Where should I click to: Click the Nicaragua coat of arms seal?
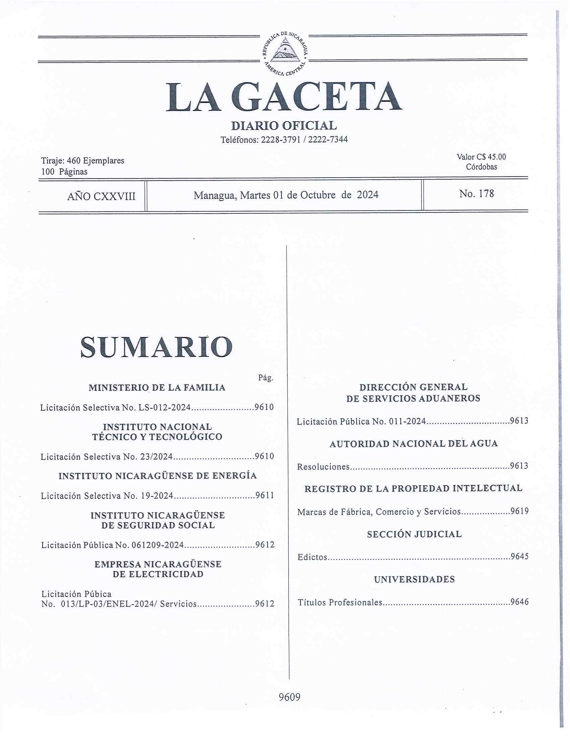[x=284, y=54]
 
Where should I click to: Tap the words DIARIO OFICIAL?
[x=284, y=126]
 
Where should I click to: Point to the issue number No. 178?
[x=476, y=194]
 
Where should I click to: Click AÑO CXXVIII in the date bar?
[x=101, y=196]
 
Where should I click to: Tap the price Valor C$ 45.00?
[x=481, y=157]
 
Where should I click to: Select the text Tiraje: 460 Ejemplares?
[x=83, y=160]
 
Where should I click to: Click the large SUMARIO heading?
[x=156, y=347]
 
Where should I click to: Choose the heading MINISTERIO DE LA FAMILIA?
[x=157, y=388]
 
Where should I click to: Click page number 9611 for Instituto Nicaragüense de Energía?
[x=265, y=496]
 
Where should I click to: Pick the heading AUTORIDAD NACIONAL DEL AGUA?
[x=413, y=444]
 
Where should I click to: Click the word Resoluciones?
[x=323, y=467]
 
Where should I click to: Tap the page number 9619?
[x=519, y=512]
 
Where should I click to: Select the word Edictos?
[x=312, y=557]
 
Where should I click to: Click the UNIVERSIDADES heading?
[x=414, y=580]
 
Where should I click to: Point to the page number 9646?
[x=519, y=602]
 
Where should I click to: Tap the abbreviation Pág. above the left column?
[x=266, y=378]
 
